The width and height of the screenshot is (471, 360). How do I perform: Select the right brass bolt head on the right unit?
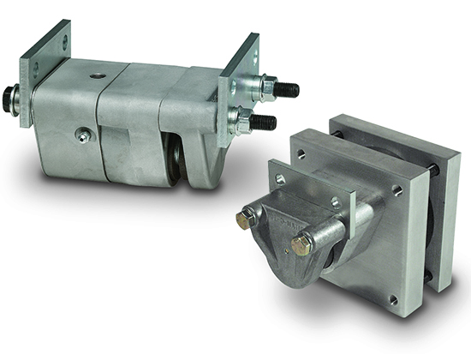301,247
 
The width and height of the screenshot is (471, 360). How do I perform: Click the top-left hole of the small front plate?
280,178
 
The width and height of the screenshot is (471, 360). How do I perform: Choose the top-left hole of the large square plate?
302,155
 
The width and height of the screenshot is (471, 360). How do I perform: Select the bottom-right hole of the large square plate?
391,300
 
